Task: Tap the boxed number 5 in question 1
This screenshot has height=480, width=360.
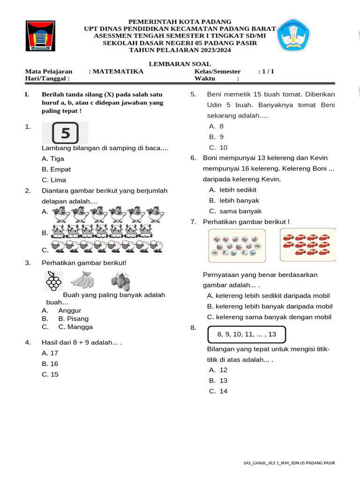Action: [x=65, y=133]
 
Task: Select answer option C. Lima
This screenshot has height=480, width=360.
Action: [x=54, y=180]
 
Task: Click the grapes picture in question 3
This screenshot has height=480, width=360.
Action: [x=53, y=281]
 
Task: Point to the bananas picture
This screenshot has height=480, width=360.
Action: [x=82, y=280]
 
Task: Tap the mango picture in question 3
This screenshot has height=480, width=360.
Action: [x=120, y=282]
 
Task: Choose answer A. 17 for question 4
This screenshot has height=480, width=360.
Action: [x=50, y=353]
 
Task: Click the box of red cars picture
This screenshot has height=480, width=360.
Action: [x=307, y=244]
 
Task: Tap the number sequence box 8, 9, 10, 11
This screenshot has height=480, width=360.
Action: [x=247, y=335]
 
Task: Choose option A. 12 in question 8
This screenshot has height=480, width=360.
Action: [x=218, y=370]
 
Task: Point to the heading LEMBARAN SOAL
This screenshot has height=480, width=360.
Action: [x=180, y=64]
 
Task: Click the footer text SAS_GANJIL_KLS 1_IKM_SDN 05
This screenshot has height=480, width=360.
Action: [x=289, y=463]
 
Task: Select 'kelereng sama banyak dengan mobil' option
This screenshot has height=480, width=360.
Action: [x=269, y=317]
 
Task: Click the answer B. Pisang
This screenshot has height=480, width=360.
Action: [x=73, y=319]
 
